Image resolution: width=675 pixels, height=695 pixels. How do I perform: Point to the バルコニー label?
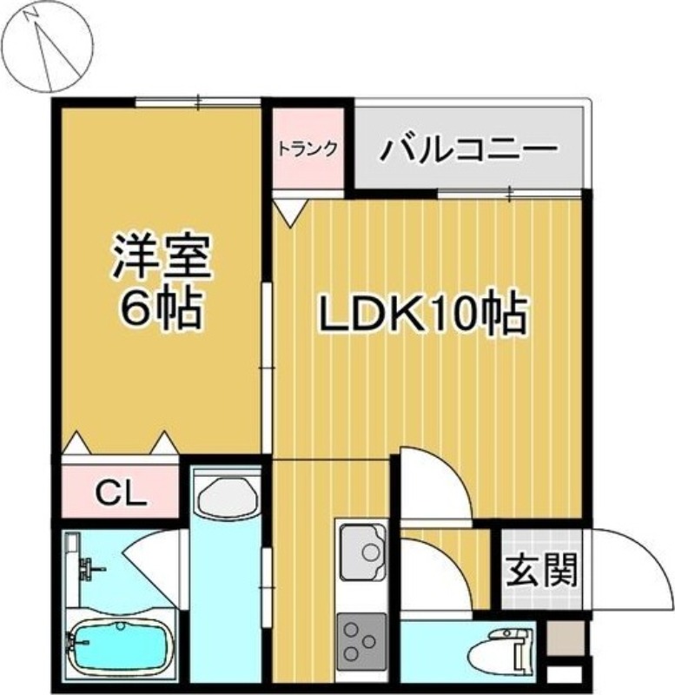[468, 149]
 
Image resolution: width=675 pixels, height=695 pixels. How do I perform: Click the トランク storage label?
[308, 149]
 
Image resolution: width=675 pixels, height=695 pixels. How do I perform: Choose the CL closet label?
[121, 496]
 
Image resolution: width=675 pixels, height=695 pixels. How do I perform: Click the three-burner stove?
[361, 640]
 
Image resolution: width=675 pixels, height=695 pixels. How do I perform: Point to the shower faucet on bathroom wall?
[88, 569]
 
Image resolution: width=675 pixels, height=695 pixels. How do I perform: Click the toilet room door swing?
[439, 574]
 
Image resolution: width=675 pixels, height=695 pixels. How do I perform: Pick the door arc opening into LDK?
[434, 486]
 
